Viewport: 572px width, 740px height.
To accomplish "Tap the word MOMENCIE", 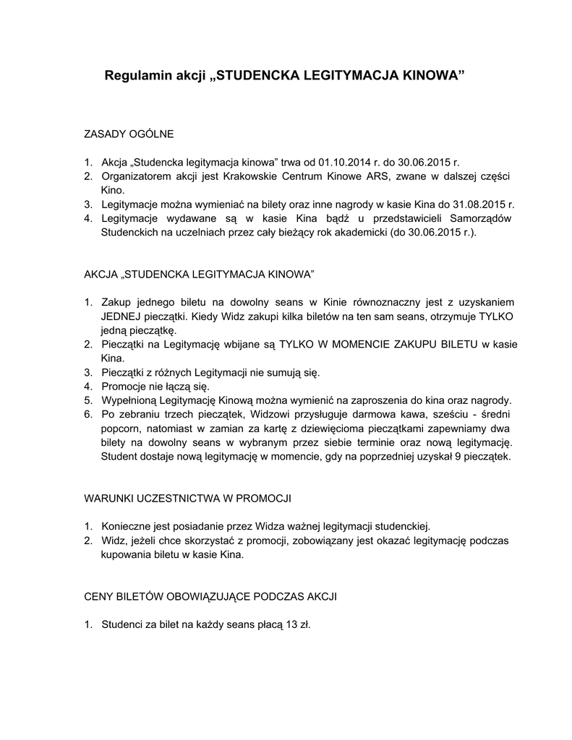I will click(347, 344).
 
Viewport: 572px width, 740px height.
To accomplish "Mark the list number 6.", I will click(87, 414).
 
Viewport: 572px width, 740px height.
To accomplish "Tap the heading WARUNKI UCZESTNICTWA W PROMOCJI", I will click(188, 499).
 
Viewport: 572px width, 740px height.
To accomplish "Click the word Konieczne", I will click(127, 527).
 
